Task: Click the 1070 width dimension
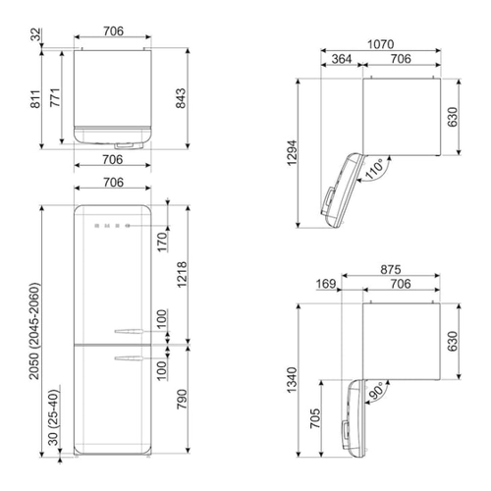point(380,44)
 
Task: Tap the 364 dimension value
point(342,59)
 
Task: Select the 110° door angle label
point(373,169)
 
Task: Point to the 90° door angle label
point(376,391)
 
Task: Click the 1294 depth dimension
point(292,153)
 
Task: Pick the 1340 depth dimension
point(292,380)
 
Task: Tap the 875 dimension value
point(391,270)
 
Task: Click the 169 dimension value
point(326,284)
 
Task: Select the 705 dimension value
point(315,418)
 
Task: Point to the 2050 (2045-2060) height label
point(34,331)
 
